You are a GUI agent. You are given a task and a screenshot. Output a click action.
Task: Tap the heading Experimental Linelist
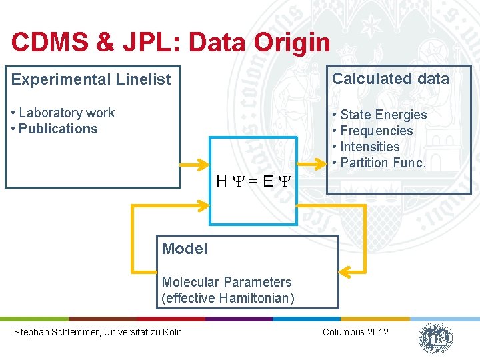click(91, 79)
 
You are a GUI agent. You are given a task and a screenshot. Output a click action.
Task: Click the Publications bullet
click(58, 129)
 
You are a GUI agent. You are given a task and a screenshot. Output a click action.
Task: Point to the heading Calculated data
click(391, 79)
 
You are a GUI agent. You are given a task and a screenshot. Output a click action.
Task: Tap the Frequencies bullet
click(377, 131)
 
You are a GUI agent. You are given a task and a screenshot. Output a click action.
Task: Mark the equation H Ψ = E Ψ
click(253, 181)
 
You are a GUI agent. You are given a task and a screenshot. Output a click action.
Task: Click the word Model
click(185, 249)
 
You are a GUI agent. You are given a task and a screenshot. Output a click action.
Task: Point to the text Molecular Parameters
click(227, 282)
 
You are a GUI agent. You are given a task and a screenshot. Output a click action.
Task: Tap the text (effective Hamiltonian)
click(227, 298)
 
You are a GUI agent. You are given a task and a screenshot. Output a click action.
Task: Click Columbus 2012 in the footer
click(355, 332)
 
